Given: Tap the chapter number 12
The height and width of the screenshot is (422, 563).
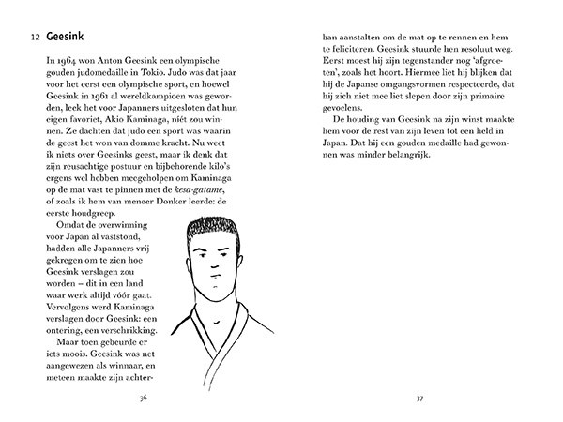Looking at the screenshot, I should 35,37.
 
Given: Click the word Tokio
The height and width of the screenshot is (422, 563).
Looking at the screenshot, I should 234,59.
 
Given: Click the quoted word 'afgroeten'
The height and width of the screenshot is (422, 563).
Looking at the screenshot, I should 492,73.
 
